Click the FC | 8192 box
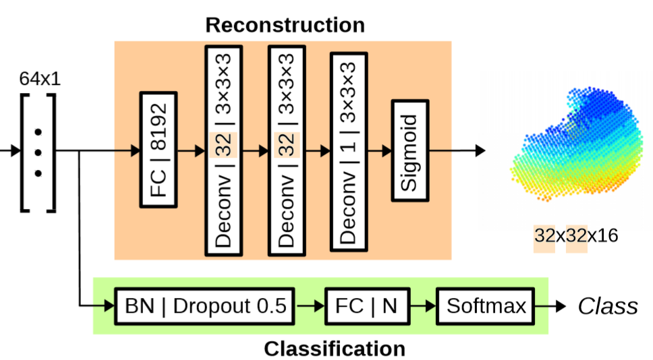click(158, 150)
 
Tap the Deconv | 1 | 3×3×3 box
click(348, 152)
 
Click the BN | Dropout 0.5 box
click(204, 307)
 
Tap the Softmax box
click(486, 307)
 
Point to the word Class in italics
click(607, 307)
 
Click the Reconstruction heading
click(285, 26)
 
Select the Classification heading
click(334, 349)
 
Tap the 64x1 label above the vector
click(40, 78)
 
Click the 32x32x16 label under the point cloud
click(575, 236)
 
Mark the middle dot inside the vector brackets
click(38, 151)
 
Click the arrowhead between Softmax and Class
click(561, 307)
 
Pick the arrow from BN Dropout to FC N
click(310, 307)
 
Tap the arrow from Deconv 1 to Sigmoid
click(378, 151)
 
